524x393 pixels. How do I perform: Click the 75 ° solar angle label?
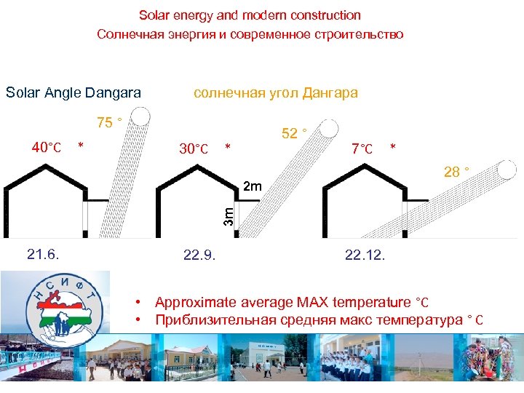point(109,122)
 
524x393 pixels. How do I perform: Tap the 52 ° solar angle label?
point(293,133)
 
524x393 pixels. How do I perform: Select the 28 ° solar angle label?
point(456,172)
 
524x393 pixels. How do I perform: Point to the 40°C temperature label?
point(46,148)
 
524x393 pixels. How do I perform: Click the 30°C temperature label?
point(194,149)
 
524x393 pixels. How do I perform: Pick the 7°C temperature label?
point(362,149)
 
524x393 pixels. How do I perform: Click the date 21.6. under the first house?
point(43,254)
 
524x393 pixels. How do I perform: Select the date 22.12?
point(366,255)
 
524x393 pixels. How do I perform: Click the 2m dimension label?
point(252,188)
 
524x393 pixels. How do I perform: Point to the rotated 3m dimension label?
point(228,215)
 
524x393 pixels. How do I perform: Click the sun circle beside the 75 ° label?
point(141,116)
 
